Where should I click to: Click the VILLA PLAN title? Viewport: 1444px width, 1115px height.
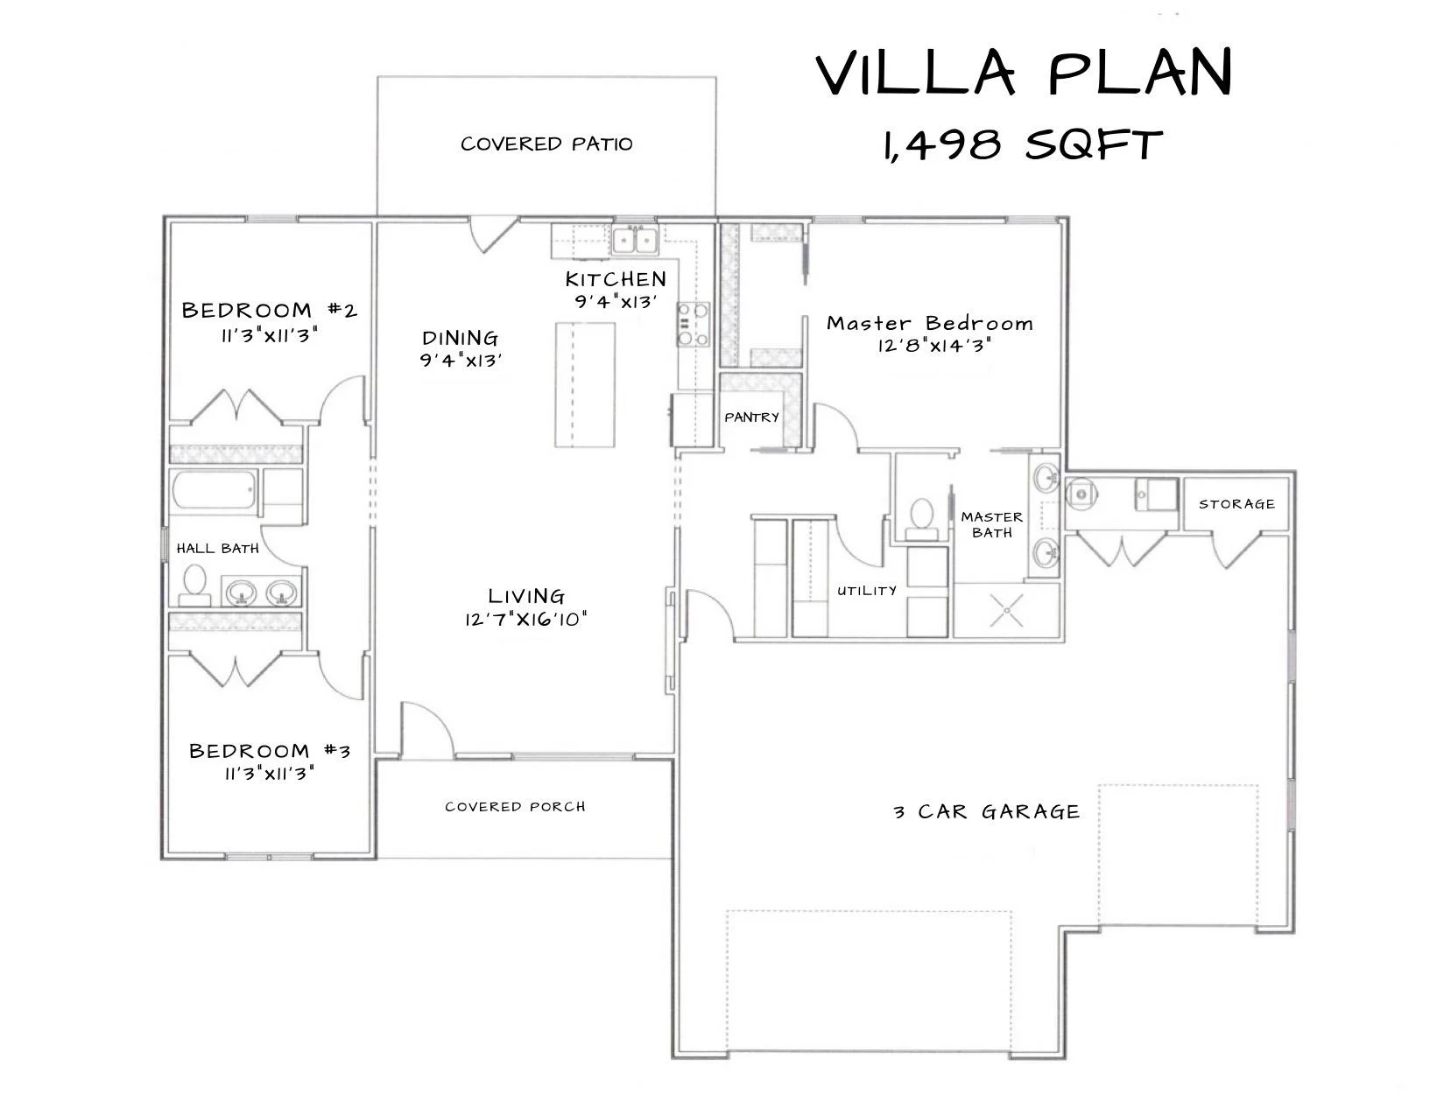tap(1024, 72)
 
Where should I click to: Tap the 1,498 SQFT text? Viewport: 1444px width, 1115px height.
tap(1022, 144)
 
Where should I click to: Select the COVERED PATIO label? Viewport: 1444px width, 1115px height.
tap(546, 144)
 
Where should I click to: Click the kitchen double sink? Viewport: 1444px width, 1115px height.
tap(635, 241)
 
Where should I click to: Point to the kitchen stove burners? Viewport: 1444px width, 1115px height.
tap(693, 324)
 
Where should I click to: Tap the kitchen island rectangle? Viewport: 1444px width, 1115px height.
tap(585, 385)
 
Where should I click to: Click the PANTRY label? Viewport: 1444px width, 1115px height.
tap(751, 417)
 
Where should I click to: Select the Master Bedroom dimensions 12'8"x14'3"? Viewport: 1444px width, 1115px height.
tap(933, 346)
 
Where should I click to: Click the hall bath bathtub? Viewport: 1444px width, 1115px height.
tap(214, 490)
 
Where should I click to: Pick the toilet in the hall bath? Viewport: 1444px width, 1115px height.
tap(194, 585)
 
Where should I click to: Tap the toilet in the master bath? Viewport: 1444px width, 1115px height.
tap(922, 519)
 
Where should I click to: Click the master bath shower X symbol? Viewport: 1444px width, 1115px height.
tap(1007, 610)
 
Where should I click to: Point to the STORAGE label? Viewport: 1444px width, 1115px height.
tap(1236, 504)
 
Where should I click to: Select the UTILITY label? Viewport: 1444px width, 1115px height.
tap(867, 591)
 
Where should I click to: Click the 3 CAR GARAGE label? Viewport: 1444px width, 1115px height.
tap(987, 811)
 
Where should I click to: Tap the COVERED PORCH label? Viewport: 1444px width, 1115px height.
tap(515, 806)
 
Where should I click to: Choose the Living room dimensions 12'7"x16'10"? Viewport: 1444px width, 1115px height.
tap(525, 620)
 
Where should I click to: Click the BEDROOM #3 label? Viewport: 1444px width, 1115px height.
tap(269, 750)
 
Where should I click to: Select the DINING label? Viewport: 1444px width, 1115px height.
tap(460, 338)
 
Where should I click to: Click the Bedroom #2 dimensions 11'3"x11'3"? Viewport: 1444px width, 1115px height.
tap(269, 334)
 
